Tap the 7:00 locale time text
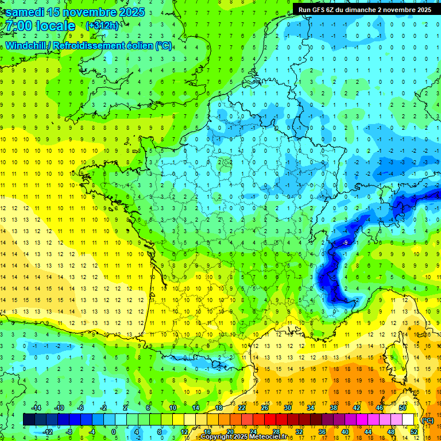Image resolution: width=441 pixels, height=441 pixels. click(x=41, y=26)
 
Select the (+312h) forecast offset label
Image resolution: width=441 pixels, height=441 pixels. click(x=102, y=26)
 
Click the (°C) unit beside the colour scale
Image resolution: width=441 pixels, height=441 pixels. click(x=427, y=420)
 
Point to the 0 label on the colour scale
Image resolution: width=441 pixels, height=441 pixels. click(x=113, y=432)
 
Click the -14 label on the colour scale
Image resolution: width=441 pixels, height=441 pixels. click(x=36, y=408)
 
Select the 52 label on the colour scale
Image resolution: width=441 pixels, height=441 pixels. click(x=413, y=432)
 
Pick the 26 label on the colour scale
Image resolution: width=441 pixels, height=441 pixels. click(x=265, y=408)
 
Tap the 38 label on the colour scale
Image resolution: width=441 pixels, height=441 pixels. click(x=334, y=408)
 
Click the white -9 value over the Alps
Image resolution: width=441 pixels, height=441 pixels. click(x=345, y=243)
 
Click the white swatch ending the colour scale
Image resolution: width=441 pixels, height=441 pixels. click(x=408, y=420)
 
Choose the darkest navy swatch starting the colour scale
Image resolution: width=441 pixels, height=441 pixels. click(x=29, y=420)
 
